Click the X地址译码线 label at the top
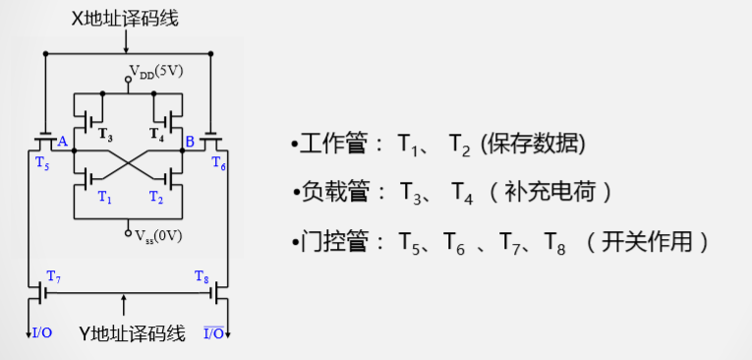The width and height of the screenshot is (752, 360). click(127, 18)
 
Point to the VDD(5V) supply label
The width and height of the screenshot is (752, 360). click(156, 72)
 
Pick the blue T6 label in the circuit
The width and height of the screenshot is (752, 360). click(218, 164)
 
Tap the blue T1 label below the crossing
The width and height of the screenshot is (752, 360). click(105, 197)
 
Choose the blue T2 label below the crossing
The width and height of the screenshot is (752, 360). click(155, 197)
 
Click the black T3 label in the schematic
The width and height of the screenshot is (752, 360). click(105, 133)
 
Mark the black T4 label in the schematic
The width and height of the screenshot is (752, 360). click(155, 133)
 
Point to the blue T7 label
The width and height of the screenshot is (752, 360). click(54, 277)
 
